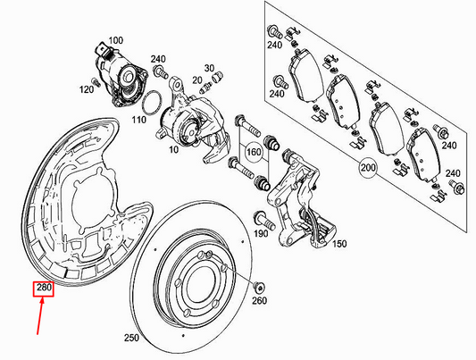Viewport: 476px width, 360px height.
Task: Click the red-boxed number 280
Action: [44, 289]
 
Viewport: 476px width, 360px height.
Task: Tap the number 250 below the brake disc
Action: [132, 339]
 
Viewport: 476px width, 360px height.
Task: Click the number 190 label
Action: [262, 234]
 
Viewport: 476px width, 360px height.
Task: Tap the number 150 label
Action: [338, 244]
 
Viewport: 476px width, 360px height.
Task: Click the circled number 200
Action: [367, 167]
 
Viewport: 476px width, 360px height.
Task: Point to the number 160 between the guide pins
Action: [255, 152]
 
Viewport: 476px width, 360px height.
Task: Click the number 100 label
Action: [115, 40]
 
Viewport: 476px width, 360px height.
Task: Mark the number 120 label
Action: [86, 89]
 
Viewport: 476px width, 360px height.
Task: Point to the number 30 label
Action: [208, 68]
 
